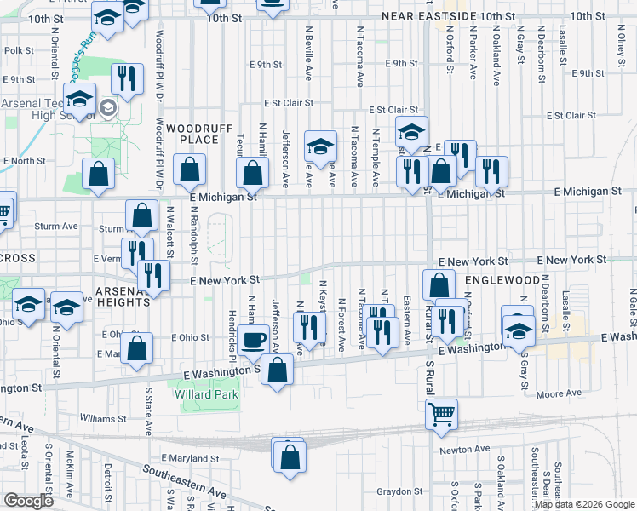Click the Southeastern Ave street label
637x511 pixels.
coord(185,481)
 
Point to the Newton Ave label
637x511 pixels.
coord(465,449)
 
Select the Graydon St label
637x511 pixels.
coord(401,491)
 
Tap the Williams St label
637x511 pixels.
coord(104,419)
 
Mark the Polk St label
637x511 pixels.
coord(18,51)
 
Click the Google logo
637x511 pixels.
coord(28,501)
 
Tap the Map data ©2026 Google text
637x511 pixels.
coord(584,504)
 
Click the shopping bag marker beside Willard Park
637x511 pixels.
coord(277,370)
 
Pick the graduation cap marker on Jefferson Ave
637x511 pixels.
coord(321,148)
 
